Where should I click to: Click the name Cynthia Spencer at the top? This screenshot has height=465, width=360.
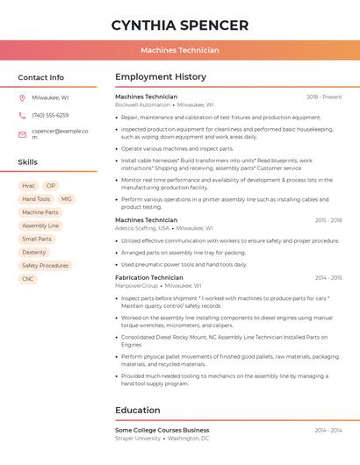point(179,25)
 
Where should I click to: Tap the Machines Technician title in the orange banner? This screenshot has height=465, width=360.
point(179,50)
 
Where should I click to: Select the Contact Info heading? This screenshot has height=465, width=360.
point(40,77)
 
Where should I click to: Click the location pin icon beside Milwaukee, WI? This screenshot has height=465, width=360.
point(22,97)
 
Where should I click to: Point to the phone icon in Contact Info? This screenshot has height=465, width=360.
point(22,115)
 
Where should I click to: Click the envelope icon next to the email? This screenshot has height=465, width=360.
point(22,134)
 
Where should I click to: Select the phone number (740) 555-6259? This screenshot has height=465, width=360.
point(50,115)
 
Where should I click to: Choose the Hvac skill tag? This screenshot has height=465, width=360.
point(28,186)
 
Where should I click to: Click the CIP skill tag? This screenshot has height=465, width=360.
point(51,186)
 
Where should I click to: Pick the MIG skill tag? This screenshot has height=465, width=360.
point(66,199)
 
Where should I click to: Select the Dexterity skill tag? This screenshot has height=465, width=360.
point(34,252)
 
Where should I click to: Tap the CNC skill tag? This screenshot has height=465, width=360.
point(28,279)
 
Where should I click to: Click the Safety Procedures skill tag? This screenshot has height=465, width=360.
point(45,266)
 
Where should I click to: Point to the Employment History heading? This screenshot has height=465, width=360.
point(161,77)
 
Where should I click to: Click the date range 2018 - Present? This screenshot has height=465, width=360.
point(324,97)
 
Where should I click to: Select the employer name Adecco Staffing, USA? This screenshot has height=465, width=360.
point(142,228)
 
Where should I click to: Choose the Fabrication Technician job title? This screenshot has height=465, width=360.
point(149,277)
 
